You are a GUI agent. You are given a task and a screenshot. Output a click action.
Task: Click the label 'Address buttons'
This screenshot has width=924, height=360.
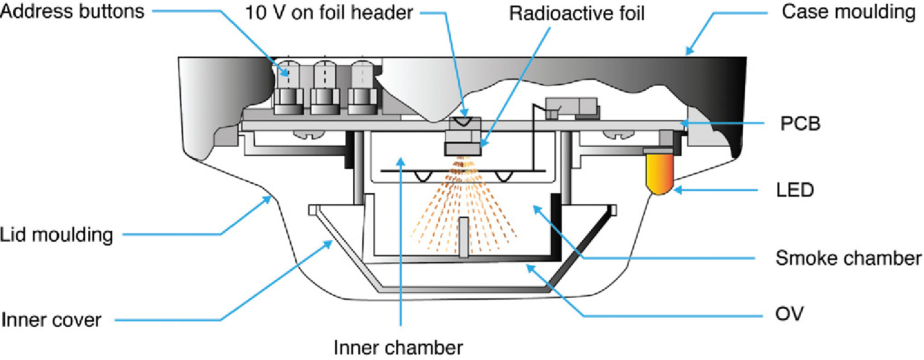pyautogui.click(x=72, y=10)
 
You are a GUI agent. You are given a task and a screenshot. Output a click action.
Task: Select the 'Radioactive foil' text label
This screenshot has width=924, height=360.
pyautogui.click(x=577, y=13)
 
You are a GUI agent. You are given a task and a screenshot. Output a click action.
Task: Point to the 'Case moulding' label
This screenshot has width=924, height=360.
pyautogui.click(x=848, y=11)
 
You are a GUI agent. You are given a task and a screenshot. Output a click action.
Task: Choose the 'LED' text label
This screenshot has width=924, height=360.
pyautogui.click(x=795, y=190)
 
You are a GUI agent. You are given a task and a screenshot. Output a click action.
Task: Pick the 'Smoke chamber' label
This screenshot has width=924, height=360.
pyautogui.click(x=848, y=259)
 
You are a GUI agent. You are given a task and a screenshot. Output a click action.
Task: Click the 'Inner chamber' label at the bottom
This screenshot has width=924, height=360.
pyautogui.click(x=399, y=347)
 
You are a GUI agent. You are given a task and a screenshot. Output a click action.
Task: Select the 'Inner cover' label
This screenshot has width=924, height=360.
pyautogui.click(x=51, y=319)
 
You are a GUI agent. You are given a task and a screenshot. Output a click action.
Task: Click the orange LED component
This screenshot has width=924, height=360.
pyautogui.click(x=659, y=174)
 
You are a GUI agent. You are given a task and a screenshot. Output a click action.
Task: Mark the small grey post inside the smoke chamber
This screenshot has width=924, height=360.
pyautogui.click(x=463, y=237)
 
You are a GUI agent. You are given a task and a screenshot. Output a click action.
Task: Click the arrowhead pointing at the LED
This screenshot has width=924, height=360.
pyautogui.click(x=677, y=190)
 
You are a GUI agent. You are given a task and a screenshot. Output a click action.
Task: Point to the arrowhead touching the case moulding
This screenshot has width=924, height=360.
pyautogui.click(x=689, y=52)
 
